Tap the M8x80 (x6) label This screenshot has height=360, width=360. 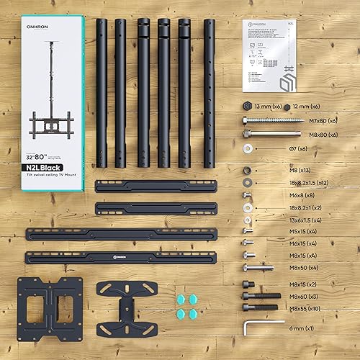(305, 134)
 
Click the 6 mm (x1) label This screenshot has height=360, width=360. (302, 328)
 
